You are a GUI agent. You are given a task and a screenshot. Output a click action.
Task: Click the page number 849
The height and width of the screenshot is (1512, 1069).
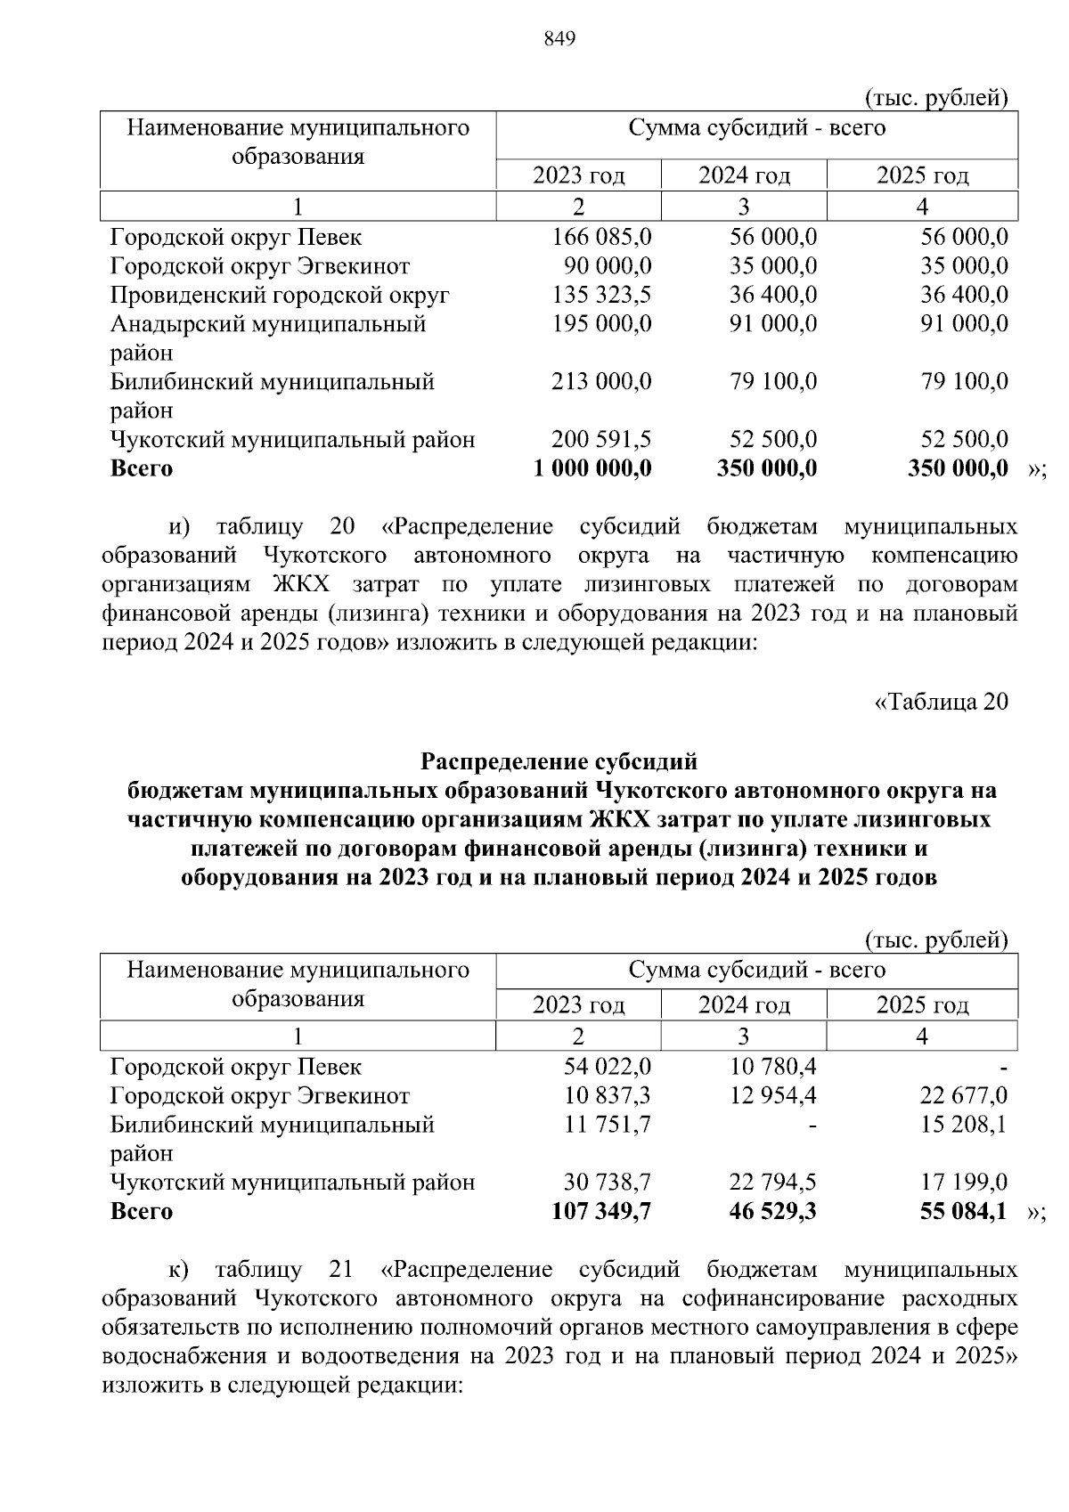559,38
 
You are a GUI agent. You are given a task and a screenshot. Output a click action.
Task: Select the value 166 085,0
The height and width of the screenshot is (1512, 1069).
602,237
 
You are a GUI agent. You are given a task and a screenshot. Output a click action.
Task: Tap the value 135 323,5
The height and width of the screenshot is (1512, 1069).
602,295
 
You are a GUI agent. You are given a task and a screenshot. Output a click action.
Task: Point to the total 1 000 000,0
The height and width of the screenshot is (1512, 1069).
592,468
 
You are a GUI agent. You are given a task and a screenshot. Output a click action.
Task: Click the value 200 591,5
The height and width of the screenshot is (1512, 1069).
602,439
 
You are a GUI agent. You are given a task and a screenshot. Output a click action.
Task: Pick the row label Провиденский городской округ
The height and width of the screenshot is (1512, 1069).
280,295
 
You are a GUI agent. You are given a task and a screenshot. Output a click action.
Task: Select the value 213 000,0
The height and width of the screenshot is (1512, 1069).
602,381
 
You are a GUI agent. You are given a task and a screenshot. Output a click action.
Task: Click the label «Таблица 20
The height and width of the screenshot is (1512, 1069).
941,702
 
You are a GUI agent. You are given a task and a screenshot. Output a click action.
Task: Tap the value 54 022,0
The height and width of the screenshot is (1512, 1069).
608,1066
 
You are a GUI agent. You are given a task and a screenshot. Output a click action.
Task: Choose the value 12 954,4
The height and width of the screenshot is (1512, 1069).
772,1095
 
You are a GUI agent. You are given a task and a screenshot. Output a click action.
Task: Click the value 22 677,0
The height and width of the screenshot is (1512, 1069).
964,1095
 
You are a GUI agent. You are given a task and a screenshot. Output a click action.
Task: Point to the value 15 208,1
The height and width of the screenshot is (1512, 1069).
964,1124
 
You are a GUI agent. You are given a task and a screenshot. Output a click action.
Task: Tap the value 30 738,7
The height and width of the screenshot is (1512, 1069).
608,1182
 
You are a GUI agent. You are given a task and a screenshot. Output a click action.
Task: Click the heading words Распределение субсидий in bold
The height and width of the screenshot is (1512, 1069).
559,761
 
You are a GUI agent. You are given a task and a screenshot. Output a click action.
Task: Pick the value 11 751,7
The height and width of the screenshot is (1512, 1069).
608,1124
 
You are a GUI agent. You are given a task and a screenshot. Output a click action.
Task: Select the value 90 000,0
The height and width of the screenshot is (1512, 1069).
608,265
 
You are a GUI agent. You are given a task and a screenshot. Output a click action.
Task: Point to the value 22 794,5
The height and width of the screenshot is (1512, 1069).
772,1182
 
